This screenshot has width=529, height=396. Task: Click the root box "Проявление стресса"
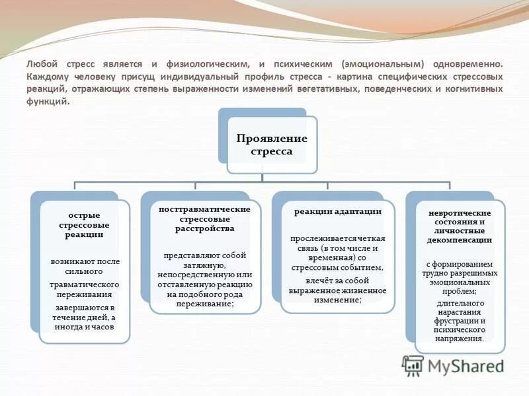(272, 145)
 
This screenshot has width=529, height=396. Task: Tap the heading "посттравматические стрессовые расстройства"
(204, 218)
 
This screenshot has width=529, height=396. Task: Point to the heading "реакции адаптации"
(338, 211)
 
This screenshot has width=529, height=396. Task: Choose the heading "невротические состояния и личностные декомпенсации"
(460, 226)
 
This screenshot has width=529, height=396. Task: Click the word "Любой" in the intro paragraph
(41, 65)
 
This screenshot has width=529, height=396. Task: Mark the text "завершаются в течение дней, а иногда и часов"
(85, 317)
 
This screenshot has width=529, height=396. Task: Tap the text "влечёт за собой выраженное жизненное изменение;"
(338, 290)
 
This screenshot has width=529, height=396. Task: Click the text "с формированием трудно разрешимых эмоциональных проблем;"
(460, 277)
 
